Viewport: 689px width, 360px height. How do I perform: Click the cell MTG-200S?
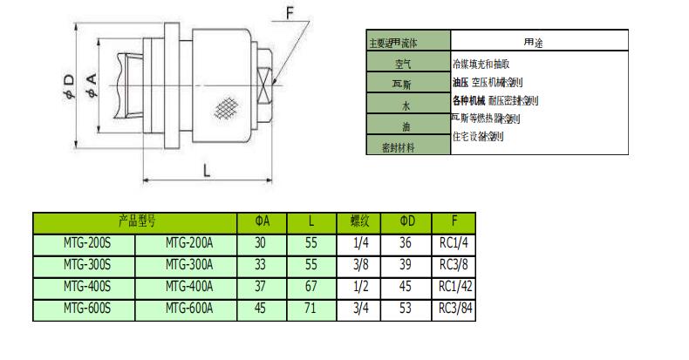point(84,244)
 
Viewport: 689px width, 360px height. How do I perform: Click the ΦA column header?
point(263,222)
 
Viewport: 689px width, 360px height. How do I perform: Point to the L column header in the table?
point(310,222)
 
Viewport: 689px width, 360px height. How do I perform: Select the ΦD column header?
point(407,222)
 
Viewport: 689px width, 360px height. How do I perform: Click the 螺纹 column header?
point(359,222)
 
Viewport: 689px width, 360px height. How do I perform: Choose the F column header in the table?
point(454,222)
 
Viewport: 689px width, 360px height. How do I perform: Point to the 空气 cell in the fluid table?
point(407,64)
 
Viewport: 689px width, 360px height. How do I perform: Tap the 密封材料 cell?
point(399,147)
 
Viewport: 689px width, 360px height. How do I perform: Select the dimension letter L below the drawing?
point(207,172)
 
